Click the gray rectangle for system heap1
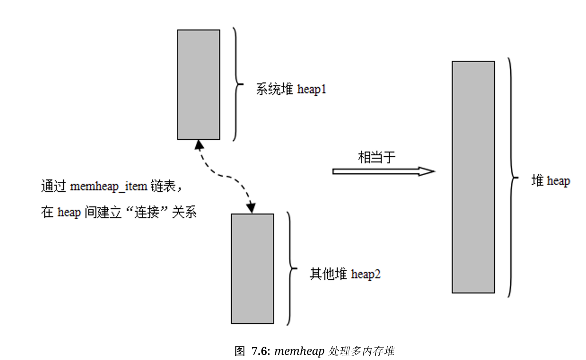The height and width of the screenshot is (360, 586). (x=198, y=84)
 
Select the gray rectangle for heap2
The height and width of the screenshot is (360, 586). (x=252, y=268)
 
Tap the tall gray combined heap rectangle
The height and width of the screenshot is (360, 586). (x=473, y=177)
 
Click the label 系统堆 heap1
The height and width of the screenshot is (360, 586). (x=291, y=89)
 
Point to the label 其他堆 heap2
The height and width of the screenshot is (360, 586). (x=345, y=274)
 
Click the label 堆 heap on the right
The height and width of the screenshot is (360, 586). (x=550, y=181)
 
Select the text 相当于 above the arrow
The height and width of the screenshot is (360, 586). (x=376, y=157)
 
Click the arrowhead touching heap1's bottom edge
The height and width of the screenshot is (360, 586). (x=199, y=145)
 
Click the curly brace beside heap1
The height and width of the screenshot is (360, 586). (x=237, y=84)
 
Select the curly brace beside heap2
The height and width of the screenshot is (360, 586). (x=291, y=268)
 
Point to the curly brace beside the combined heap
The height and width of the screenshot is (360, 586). (x=512, y=177)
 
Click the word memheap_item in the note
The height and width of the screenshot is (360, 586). (x=108, y=186)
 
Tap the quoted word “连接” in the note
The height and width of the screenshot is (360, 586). (x=147, y=212)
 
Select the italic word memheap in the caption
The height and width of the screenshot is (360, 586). (x=299, y=351)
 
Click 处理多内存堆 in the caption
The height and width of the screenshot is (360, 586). (x=361, y=351)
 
